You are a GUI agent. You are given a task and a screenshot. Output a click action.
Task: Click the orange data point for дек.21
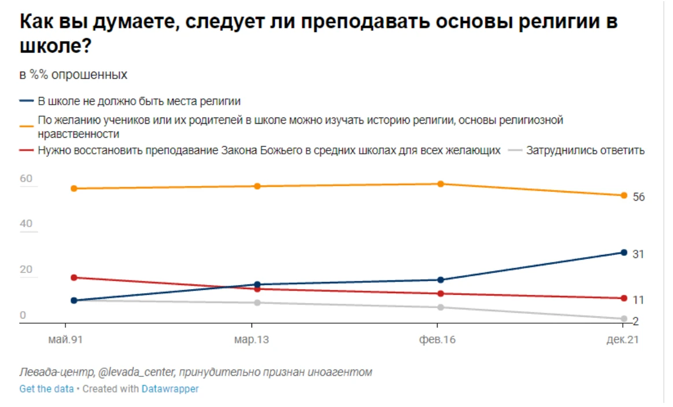(x=624, y=195)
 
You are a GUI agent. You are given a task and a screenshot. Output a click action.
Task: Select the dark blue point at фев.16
(x=441, y=280)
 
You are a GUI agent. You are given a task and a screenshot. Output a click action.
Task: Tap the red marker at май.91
(x=74, y=277)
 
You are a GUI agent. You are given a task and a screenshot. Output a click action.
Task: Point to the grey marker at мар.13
(x=257, y=303)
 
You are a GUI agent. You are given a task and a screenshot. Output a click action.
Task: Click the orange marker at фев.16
(x=441, y=184)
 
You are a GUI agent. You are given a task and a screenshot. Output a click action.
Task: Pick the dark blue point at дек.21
(x=624, y=253)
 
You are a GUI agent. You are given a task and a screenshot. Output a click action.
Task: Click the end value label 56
(x=638, y=197)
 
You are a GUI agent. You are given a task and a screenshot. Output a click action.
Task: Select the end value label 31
(x=638, y=254)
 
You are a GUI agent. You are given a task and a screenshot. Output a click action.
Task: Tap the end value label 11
(x=638, y=300)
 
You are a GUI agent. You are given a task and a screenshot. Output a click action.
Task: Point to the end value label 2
(x=636, y=321)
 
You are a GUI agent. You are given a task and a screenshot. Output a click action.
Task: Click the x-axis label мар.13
(x=252, y=340)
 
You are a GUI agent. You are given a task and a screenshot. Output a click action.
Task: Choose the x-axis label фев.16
(x=437, y=340)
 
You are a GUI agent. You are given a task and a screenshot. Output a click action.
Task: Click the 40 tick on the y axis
(x=27, y=224)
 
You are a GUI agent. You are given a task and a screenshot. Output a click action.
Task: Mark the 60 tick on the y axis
(x=27, y=179)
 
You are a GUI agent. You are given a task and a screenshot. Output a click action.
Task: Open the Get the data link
(x=46, y=389)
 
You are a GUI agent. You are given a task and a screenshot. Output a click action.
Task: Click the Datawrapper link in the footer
(x=170, y=389)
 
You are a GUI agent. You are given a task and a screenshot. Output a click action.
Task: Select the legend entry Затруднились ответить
(x=585, y=151)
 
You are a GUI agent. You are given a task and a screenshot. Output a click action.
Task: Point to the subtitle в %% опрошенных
(x=73, y=75)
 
